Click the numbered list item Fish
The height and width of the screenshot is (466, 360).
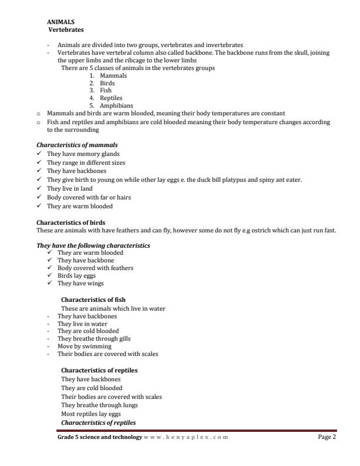tap(106, 91)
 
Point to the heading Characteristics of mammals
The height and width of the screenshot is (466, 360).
tap(77, 145)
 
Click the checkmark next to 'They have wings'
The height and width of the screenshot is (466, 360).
tap(51, 283)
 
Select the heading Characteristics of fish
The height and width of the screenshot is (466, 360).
tap(94, 299)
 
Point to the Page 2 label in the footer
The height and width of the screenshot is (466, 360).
tap(326, 437)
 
